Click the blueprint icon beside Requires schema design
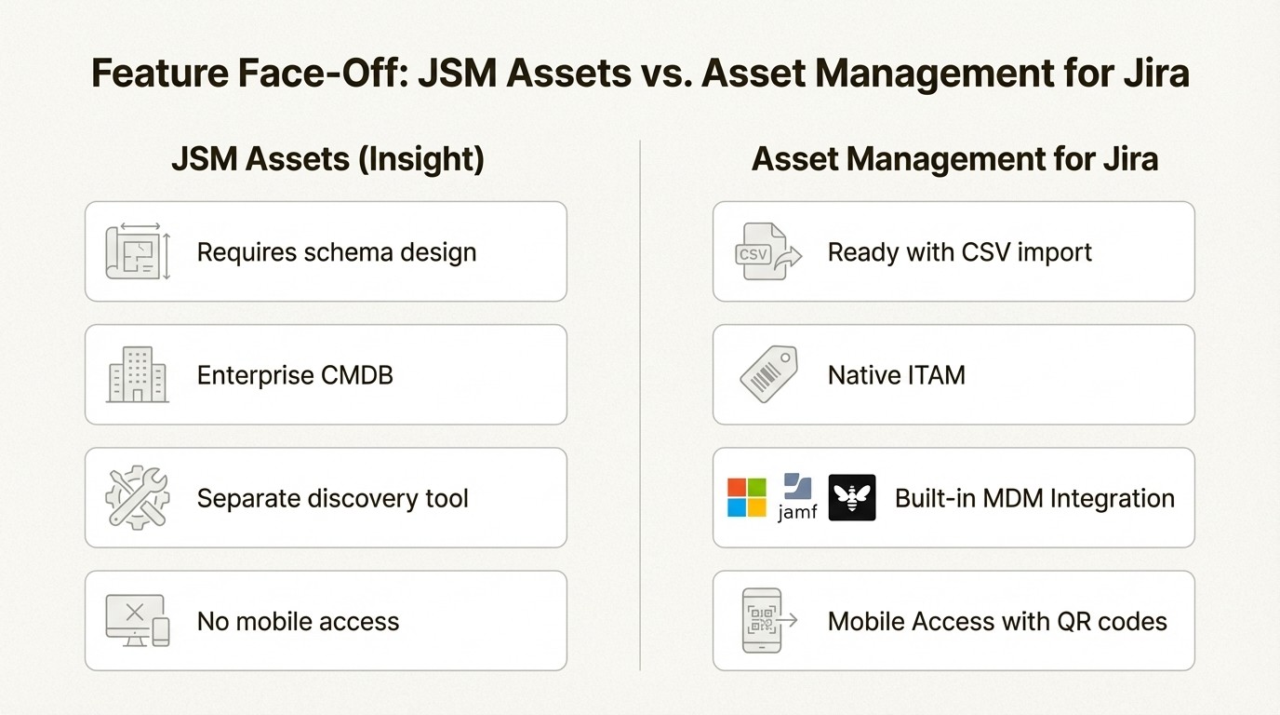pyautogui.click(x=138, y=251)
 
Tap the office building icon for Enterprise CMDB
pyautogui.click(x=138, y=374)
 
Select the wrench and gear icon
pyautogui.click(x=138, y=497)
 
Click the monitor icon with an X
pyautogui.click(x=138, y=620)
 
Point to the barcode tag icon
pyautogui.click(x=768, y=374)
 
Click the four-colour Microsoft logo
pyautogui.click(x=746, y=497)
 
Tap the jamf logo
pyautogui.click(x=797, y=497)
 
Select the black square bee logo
pyautogui.click(x=851, y=497)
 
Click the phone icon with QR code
pyautogui.click(x=765, y=620)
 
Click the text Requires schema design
pyautogui.click(x=337, y=252)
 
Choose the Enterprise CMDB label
pyautogui.click(x=295, y=375)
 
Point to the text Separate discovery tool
pyautogui.click(x=332, y=498)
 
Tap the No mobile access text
pyautogui.click(x=298, y=621)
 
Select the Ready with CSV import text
pyautogui.click(x=959, y=252)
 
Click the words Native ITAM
pyautogui.click(x=896, y=375)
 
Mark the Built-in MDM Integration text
pyautogui.click(x=1034, y=498)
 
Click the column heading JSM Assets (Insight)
pyautogui.click(x=327, y=159)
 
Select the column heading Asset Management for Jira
pyautogui.click(x=954, y=159)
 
